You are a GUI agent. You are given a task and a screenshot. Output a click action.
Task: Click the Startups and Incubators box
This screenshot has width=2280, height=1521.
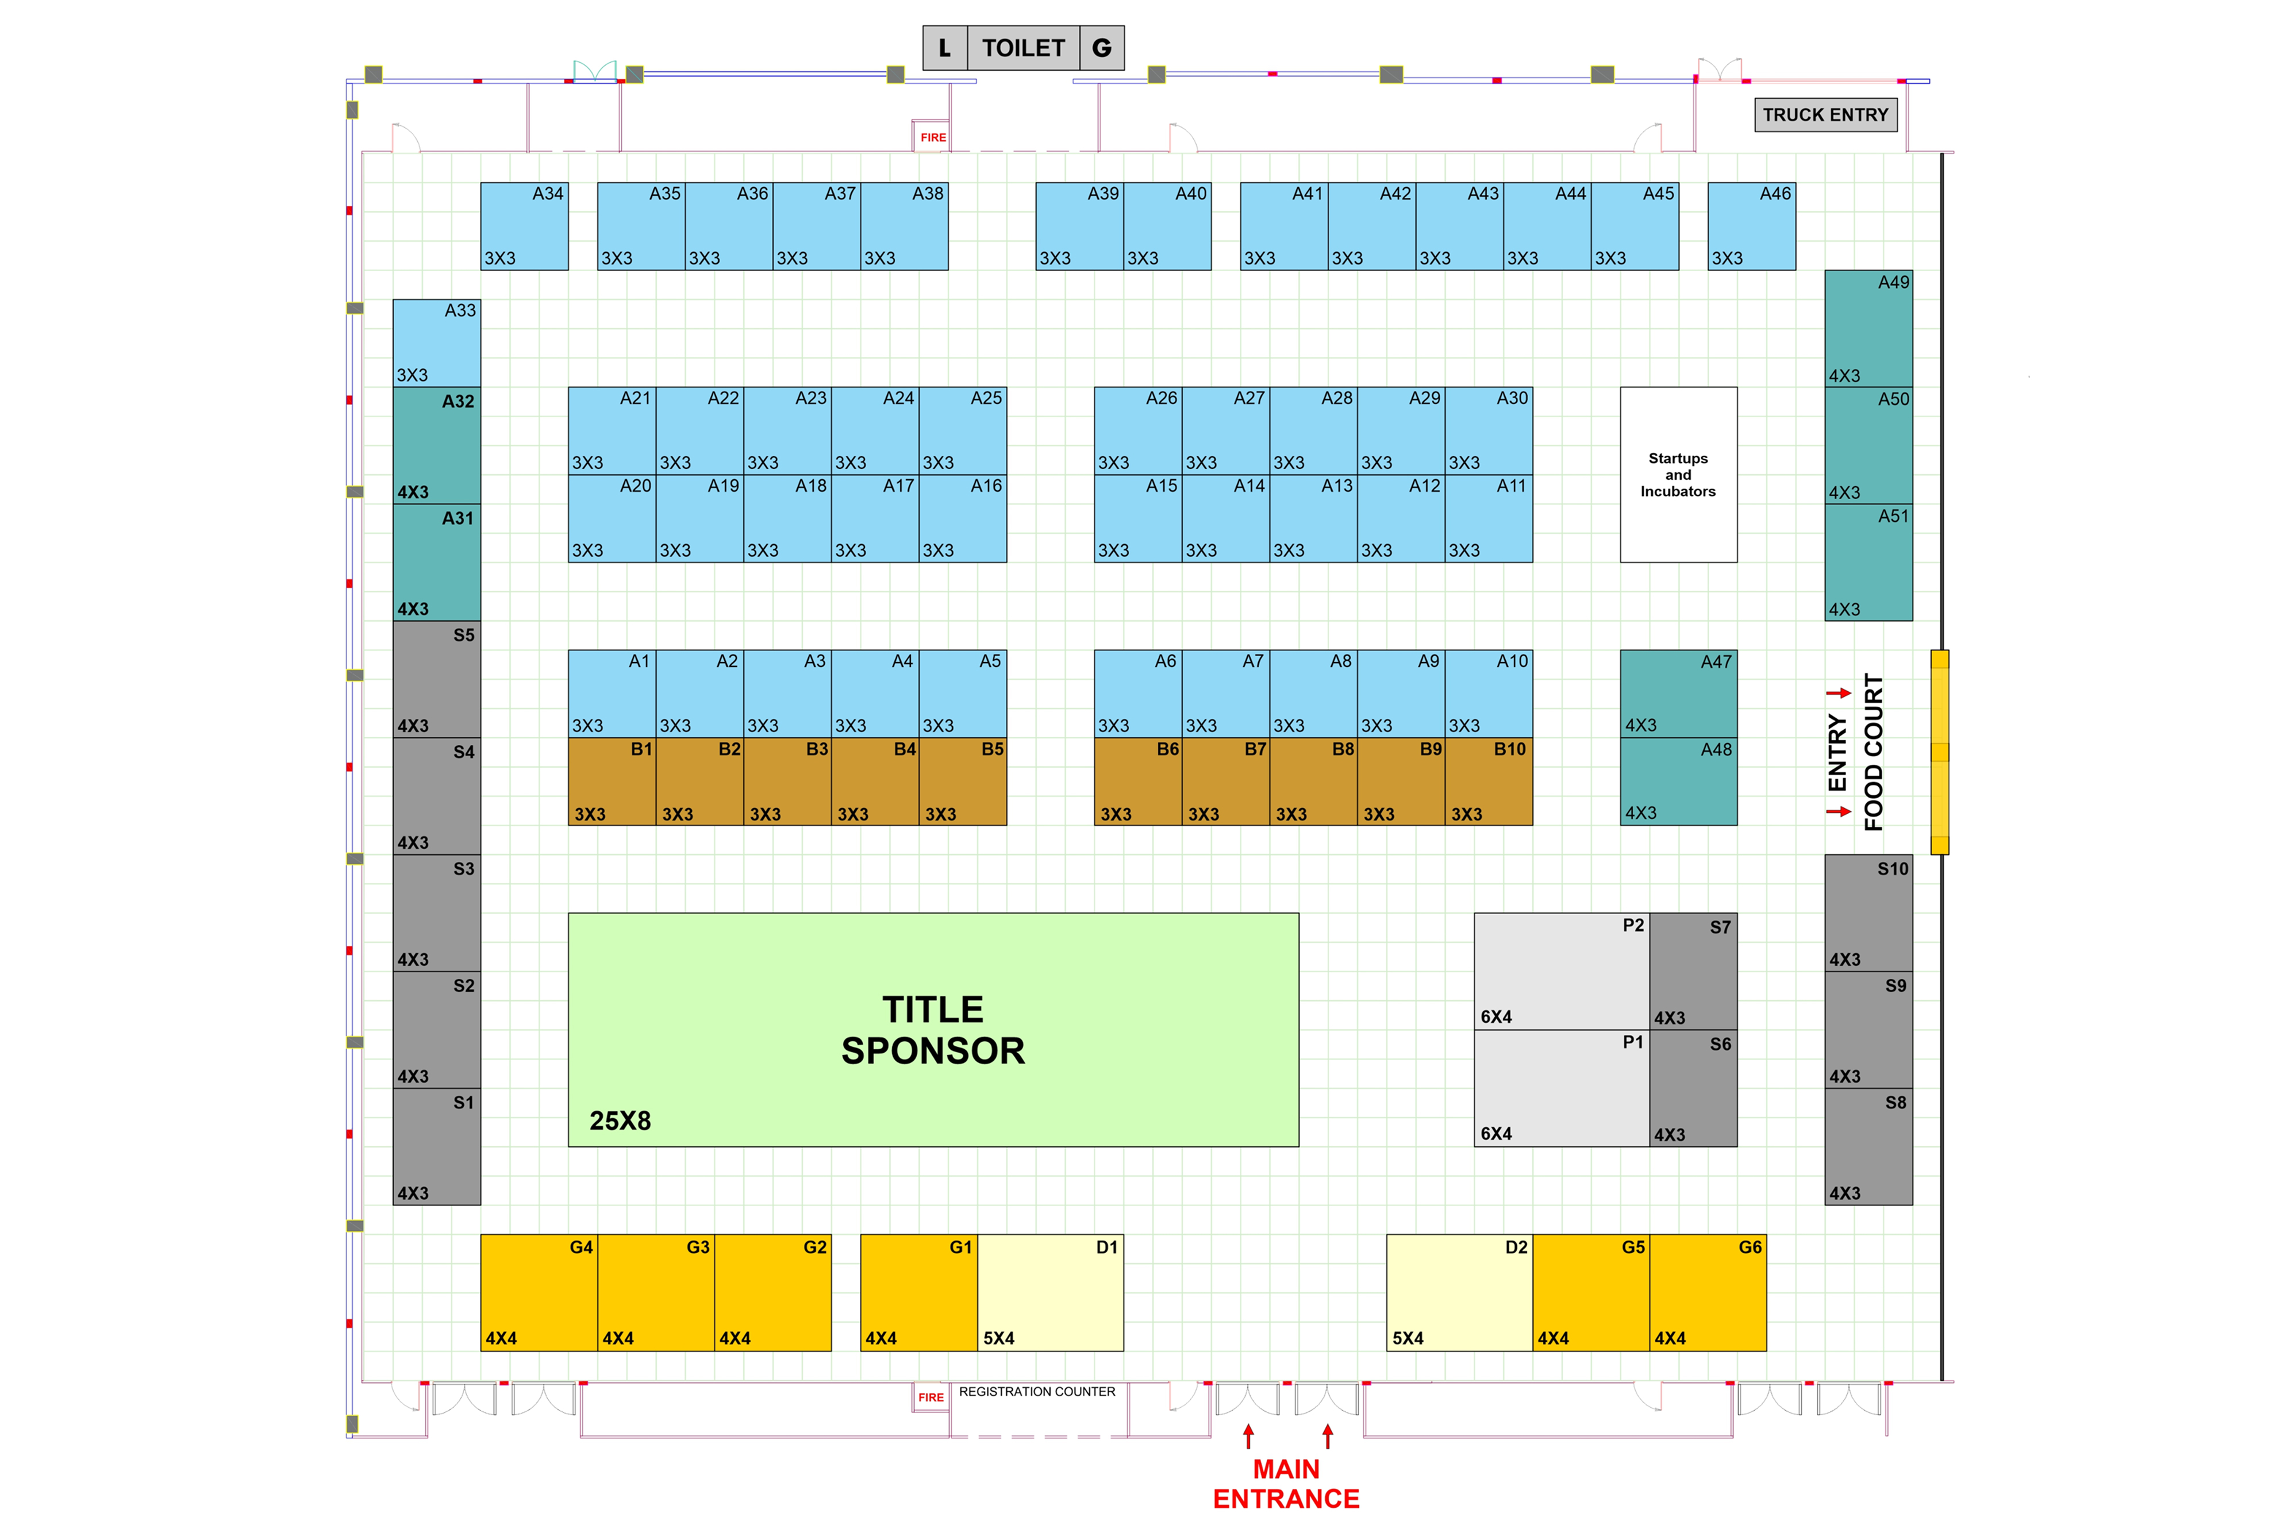pos(1678,474)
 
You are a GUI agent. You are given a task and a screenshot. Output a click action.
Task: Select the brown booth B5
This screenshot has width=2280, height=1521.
pos(963,782)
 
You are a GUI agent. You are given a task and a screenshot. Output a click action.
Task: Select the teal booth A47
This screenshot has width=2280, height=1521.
pos(1678,694)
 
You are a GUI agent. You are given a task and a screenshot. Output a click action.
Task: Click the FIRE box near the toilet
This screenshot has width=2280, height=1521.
pos(932,137)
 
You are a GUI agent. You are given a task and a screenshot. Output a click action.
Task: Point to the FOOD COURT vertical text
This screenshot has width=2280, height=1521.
pos(1873,752)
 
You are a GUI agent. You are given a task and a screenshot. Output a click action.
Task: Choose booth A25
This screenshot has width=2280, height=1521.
pos(963,431)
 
